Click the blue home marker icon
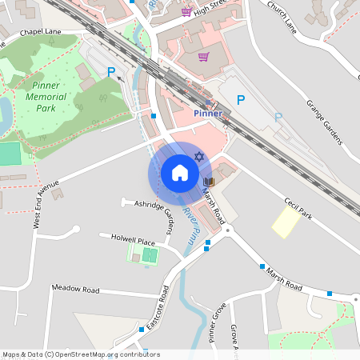click(180, 173)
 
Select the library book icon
click(209, 183)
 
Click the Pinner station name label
click(207, 114)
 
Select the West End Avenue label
click(46, 204)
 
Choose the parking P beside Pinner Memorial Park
click(112, 72)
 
